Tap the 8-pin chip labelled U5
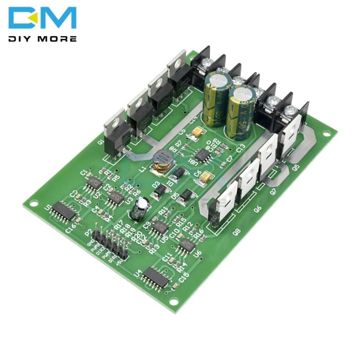click(x=160, y=227)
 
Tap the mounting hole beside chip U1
click(x=33, y=204)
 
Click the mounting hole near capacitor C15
click(x=172, y=301)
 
